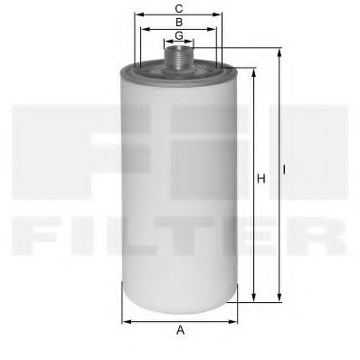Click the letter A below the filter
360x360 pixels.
tap(180, 331)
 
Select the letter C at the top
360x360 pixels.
tap(180, 8)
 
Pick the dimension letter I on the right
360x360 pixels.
tap(286, 168)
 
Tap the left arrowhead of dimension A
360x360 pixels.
tap(125, 320)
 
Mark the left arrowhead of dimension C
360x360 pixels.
tap(138, 15)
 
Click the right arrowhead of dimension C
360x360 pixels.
tap(221, 15)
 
